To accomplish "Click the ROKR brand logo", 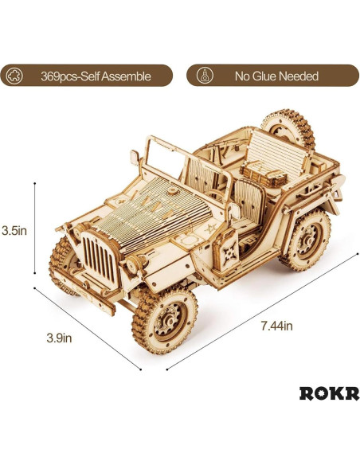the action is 329,393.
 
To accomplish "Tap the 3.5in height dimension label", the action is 14,230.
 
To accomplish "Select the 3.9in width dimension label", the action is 59,338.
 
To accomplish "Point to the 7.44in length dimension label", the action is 276,326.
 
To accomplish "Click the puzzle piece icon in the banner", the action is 14,76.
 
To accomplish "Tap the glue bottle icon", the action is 205,76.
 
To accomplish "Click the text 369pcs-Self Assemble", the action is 96,76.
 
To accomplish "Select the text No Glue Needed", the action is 276,76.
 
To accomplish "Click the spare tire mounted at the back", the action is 288,127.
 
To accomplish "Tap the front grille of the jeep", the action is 98,258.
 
